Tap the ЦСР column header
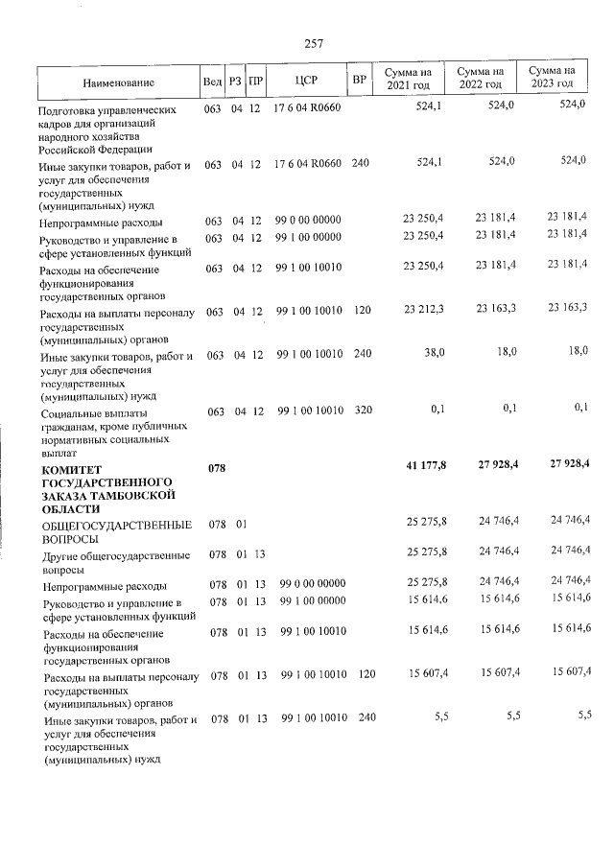click(x=307, y=81)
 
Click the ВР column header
click(x=359, y=81)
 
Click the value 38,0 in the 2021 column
click(x=434, y=353)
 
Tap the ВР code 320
click(x=362, y=411)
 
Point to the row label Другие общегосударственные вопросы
click(x=113, y=561)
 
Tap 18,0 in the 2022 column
click(x=503, y=353)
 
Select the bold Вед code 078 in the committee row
click(x=217, y=468)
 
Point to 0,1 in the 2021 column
click(x=437, y=410)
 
